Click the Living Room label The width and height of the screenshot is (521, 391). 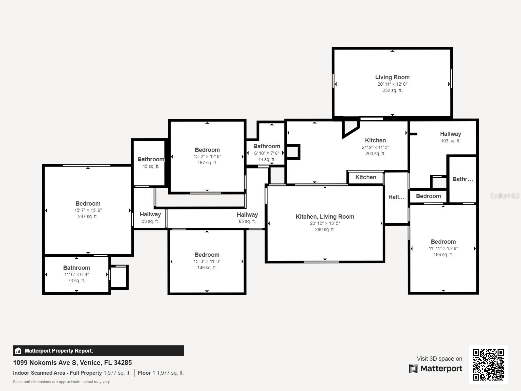pyautogui.click(x=392, y=77)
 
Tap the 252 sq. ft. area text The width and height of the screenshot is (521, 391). pyautogui.click(x=392, y=90)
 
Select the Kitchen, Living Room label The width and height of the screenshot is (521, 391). pyautogui.click(x=325, y=217)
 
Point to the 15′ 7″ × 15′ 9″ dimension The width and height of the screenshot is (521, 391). pyautogui.click(x=88, y=210)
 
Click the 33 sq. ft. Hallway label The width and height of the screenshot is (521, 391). pyautogui.click(x=150, y=214)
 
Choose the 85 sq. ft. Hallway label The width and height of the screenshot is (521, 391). pyautogui.click(x=247, y=215)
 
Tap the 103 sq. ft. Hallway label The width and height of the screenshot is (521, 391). pyautogui.click(x=450, y=134)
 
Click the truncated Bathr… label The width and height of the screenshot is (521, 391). pyautogui.click(x=462, y=179)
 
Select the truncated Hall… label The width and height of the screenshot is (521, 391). pyautogui.click(x=396, y=197)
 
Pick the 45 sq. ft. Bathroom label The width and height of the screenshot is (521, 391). pyautogui.click(x=151, y=159)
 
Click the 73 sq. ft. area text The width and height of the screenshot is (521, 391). pyautogui.click(x=77, y=281)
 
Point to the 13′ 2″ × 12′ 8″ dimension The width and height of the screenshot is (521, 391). pyautogui.click(x=207, y=156)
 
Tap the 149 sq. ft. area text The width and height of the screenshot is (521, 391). pyautogui.click(x=207, y=268)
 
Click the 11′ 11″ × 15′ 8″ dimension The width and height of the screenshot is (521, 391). pyautogui.click(x=443, y=248)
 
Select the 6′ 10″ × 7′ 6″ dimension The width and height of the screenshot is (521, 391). pyautogui.click(x=266, y=153)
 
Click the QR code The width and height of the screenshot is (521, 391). pyautogui.click(x=488, y=365)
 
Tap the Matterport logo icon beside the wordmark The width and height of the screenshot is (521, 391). pyautogui.click(x=413, y=369)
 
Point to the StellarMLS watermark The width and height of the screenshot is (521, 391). pyautogui.click(x=505, y=195)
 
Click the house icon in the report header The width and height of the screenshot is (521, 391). pyautogui.click(x=18, y=351)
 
